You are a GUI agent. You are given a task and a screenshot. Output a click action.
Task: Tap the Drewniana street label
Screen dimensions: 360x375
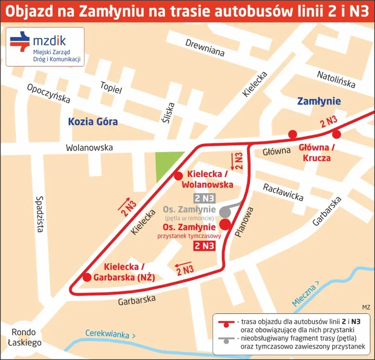[x=205, y=47]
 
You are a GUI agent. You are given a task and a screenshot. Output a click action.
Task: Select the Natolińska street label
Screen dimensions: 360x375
[x=336, y=80]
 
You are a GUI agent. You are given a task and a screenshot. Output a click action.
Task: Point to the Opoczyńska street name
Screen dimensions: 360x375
[x=48, y=93]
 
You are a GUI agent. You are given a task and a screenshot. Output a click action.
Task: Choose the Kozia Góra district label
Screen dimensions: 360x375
[x=93, y=122]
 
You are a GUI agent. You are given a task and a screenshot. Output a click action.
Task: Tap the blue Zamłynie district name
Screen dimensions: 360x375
[x=319, y=101]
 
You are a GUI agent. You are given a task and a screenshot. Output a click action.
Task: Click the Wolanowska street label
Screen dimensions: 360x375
[x=89, y=148]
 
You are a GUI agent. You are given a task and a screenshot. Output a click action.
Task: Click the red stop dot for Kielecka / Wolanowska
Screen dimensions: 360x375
[x=178, y=175]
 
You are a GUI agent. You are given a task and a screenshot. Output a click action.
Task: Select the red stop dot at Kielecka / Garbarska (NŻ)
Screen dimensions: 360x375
[x=87, y=277]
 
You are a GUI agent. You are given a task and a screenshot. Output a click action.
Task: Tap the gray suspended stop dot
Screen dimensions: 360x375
[x=224, y=212]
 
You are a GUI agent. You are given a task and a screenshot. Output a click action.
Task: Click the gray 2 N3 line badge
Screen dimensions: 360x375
[x=204, y=198]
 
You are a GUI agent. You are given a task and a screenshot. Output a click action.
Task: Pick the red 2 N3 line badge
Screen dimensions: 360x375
[x=204, y=246]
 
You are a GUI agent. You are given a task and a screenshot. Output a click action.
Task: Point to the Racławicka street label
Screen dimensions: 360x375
[x=283, y=192]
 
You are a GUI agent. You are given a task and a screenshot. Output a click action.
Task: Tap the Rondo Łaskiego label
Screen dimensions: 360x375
[x=24, y=338]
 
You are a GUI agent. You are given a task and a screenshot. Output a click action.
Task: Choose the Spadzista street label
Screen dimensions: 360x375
[x=40, y=213]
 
